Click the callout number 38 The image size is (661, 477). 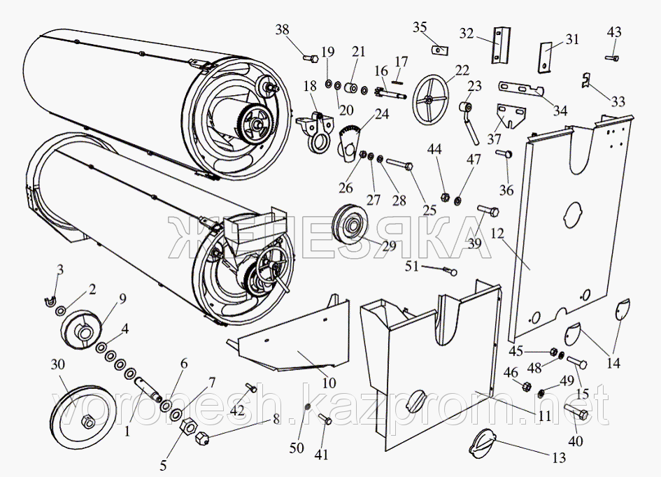(x=281, y=30)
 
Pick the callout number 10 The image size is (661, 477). (x=329, y=383)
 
